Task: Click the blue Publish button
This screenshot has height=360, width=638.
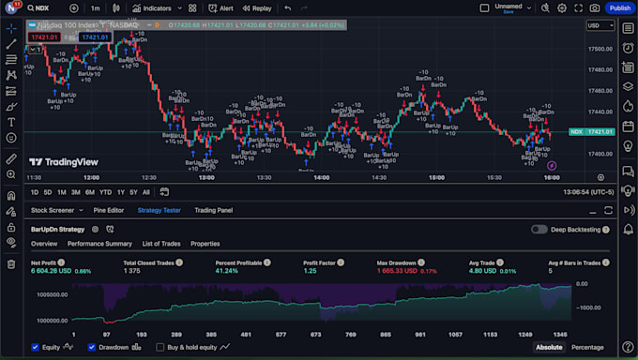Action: pos(619,7)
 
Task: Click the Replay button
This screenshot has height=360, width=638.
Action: pos(256,7)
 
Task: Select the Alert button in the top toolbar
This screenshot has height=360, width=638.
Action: pos(221,7)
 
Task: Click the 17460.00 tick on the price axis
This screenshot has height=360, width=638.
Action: pos(600,90)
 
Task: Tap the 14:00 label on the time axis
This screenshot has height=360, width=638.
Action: pos(321,176)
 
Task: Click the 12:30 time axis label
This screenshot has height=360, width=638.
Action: pos(149,176)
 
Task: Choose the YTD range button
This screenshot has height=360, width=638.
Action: pos(105,192)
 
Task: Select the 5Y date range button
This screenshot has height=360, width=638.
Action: pos(134,192)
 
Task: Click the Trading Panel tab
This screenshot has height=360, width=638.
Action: pos(213,210)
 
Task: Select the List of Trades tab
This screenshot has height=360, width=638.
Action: pos(160,244)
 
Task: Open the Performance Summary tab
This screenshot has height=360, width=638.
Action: pos(99,244)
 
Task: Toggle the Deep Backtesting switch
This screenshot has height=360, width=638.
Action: pos(539,229)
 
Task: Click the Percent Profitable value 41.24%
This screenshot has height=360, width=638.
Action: pos(228,271)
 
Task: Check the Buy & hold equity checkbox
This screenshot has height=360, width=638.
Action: pos(160,347)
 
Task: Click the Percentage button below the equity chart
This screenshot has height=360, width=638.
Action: pos(587,347)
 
